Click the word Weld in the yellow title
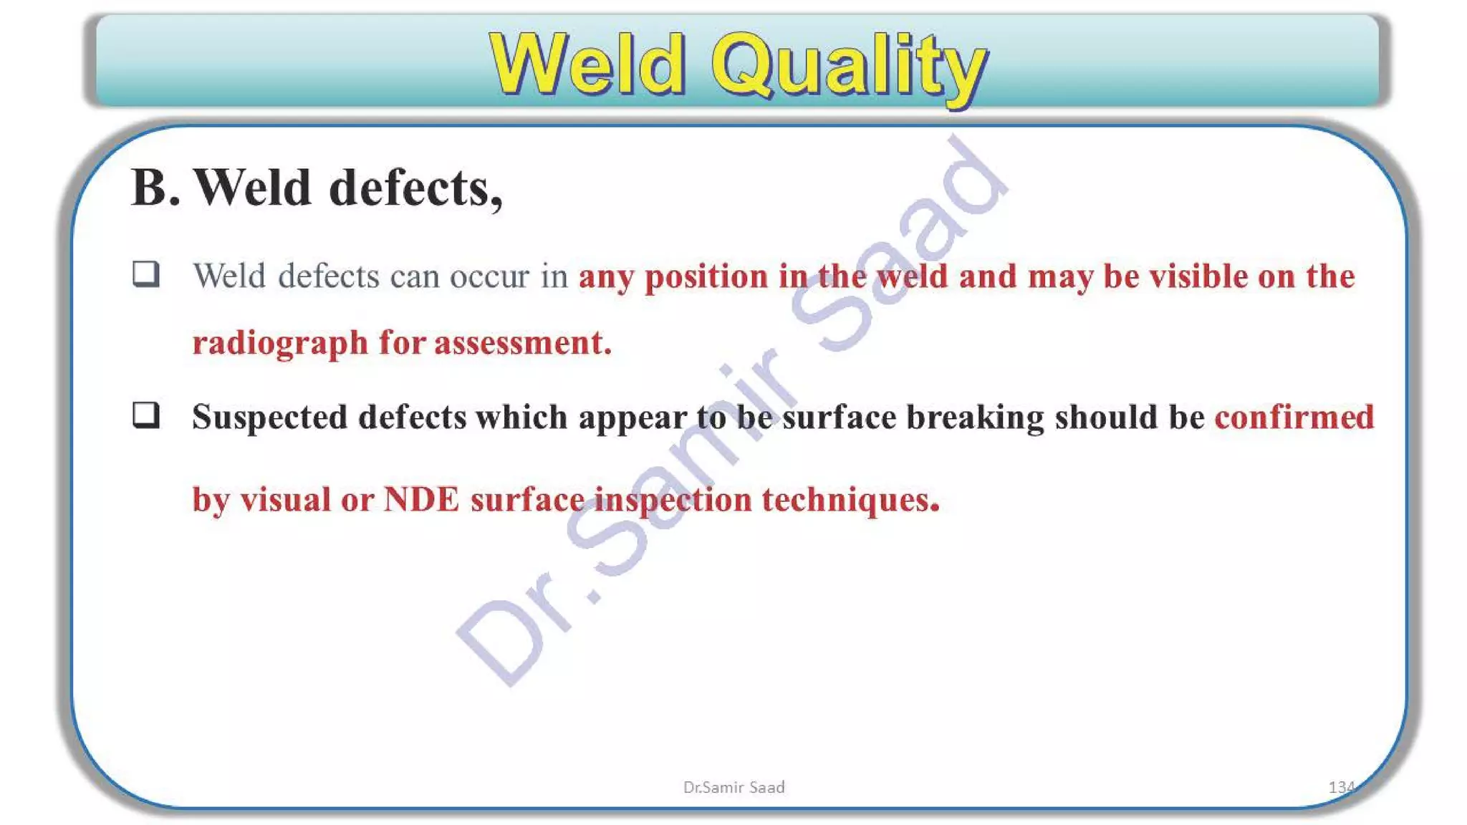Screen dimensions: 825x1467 tap(587, 66)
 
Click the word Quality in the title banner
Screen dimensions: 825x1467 tap(849, 67)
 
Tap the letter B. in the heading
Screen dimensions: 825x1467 tap(155, 188)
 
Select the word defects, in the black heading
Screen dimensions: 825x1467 tap(415, 188)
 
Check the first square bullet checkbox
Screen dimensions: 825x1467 tap(146, 274)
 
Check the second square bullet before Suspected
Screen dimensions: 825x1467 tap(146, 415)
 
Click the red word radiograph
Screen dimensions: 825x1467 tap(280, 343)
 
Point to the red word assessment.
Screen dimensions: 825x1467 tap(522, 343)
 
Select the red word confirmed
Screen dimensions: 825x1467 tap(1294, 418)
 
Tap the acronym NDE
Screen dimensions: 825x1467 tap(421, 499)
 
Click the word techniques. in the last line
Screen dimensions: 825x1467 tap(850, 499)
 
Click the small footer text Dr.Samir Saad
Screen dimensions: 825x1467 tap(733, 787)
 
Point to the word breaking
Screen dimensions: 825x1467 tap(975, 418)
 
